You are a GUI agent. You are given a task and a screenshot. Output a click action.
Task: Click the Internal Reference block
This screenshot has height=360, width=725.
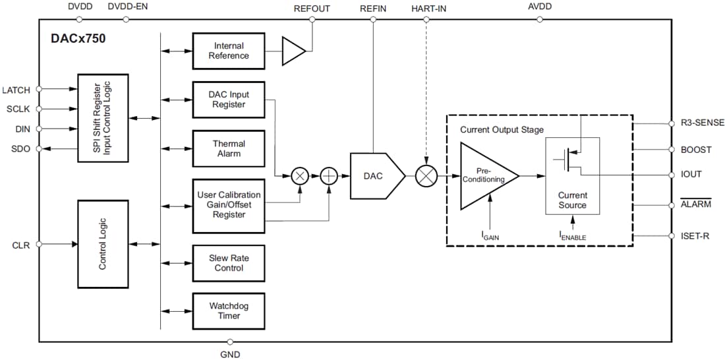pos(229,51)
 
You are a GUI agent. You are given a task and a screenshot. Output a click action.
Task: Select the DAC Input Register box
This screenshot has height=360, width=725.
pos(229,100)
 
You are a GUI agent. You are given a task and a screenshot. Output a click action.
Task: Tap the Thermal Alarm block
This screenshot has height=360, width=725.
pos(229,148)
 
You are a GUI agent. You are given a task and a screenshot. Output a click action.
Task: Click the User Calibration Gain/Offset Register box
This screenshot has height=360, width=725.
pos(229,205)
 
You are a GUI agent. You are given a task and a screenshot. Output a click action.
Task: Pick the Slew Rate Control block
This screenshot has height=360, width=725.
pos(229,263)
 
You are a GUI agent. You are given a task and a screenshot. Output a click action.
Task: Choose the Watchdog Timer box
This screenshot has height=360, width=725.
pos(229,311)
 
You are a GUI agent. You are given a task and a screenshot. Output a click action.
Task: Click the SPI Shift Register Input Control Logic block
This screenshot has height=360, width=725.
pos(103,119)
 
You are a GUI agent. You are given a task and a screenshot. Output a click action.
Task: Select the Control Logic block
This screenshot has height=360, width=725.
pos(103,243)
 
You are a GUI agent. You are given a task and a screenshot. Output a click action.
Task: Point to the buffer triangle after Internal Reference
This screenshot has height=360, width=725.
pos(293,51)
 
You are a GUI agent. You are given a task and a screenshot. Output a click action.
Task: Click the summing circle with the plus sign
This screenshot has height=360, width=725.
pos(328,176)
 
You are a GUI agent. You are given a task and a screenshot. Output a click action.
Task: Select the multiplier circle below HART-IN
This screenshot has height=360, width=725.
pos(426,176)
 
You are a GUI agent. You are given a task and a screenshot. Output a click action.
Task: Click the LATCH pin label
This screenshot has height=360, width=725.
pos(16,90)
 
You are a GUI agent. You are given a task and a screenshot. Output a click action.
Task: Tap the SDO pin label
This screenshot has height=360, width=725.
pos(20,149)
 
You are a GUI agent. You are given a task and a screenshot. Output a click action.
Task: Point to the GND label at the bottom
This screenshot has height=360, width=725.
pos(230,354)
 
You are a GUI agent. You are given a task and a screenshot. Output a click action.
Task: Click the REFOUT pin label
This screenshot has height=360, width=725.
pos(312,8)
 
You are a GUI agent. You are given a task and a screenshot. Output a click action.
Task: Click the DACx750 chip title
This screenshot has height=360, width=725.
pos(78,38)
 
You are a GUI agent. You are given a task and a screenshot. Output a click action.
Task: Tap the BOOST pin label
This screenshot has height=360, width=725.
pos(696,150)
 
